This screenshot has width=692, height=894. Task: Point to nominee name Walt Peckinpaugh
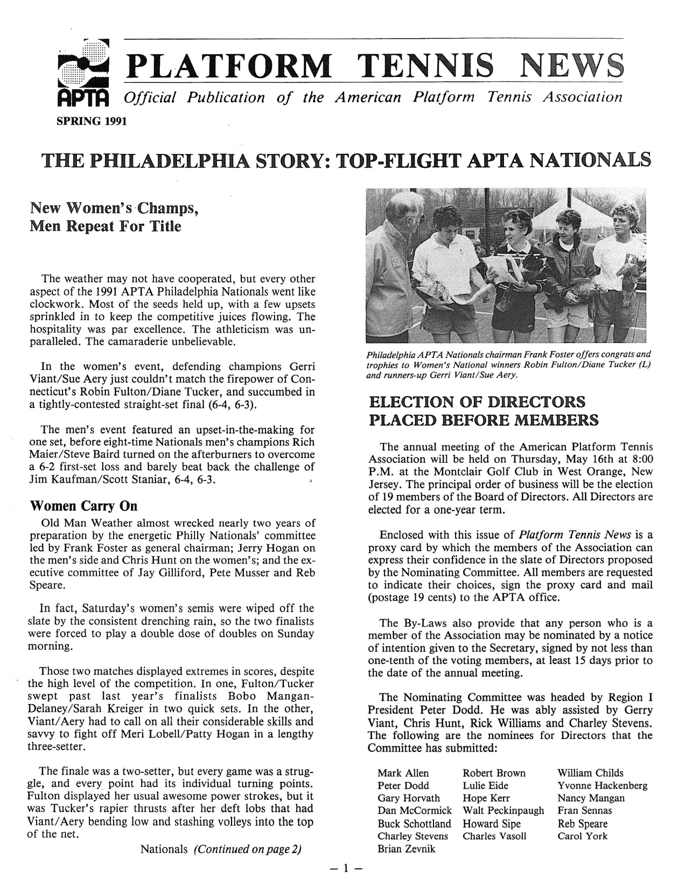(503, 811)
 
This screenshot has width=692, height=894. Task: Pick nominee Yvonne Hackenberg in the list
(602, 785)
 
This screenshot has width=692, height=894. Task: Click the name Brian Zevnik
(407, 849)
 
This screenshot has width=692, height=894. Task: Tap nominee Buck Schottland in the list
(414, 823)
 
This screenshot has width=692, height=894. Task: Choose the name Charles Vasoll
(494, 836)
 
